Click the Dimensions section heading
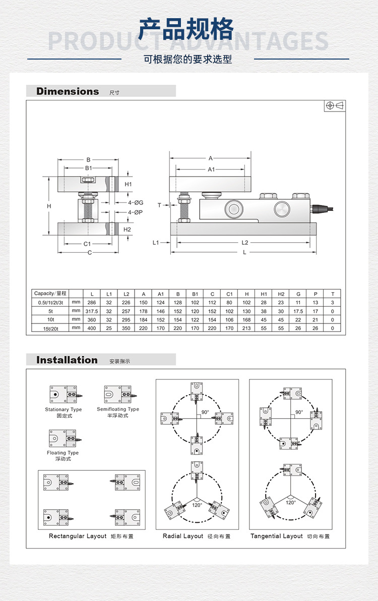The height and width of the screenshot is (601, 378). [x=68, y=91]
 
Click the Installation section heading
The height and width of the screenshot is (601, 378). [x=67, y=360]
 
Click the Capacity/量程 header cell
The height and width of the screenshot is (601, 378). [x=50, y=293]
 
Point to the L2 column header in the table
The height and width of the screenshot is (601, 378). [x=126, y=294]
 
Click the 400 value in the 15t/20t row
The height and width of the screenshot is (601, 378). [x=92, y=328]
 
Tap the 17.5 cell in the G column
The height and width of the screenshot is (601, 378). [x=298, y=311]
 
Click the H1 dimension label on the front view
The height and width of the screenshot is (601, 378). [x=128, y=185]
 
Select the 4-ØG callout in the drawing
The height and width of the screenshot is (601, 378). [x=136, y=202]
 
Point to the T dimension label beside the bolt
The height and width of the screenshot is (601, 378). [x=159, y=205]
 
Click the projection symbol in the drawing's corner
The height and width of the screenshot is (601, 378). [x=335, y=105]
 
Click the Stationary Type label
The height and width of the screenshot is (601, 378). [x=63, y=409]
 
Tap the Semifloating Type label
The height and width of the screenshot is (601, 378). [x=118, y=409]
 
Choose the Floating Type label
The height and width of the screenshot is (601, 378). [x=63, y=453]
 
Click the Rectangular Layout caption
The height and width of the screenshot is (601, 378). [x=78, y=536]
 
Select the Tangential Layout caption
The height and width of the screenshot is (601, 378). [x=277, y=536]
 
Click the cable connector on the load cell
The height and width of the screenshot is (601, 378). [x=318, y=207]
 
